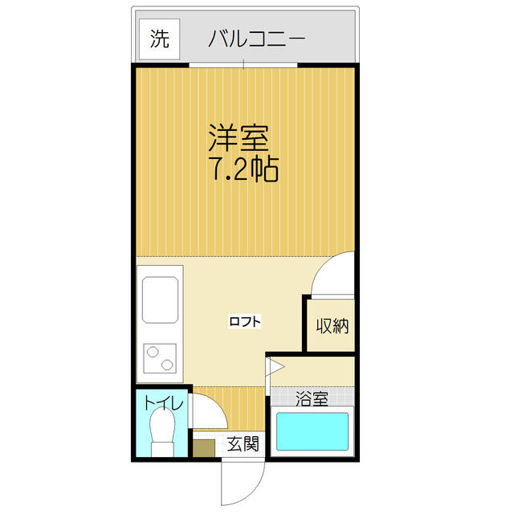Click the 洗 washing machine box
[x=160, y=39]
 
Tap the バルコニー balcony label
[x=257, y=39]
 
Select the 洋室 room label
[x=239, y=138]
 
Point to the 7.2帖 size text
[x=246, y=169]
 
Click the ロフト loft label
[x=245, y=321]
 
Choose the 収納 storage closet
[x=331, y=325]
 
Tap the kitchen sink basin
[x=161, y=300]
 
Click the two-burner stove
[x=160, y=358]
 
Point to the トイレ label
[x=163, y=403]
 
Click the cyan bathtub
[x=312, y=431]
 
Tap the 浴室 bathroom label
[x=312, y=398]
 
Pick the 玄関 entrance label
[x=243, y=444]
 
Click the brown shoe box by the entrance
[x=203, y=448]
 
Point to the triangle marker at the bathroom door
[x=275, y=367]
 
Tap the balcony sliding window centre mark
[x=243, y=64]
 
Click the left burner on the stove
[x=153, y=353]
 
